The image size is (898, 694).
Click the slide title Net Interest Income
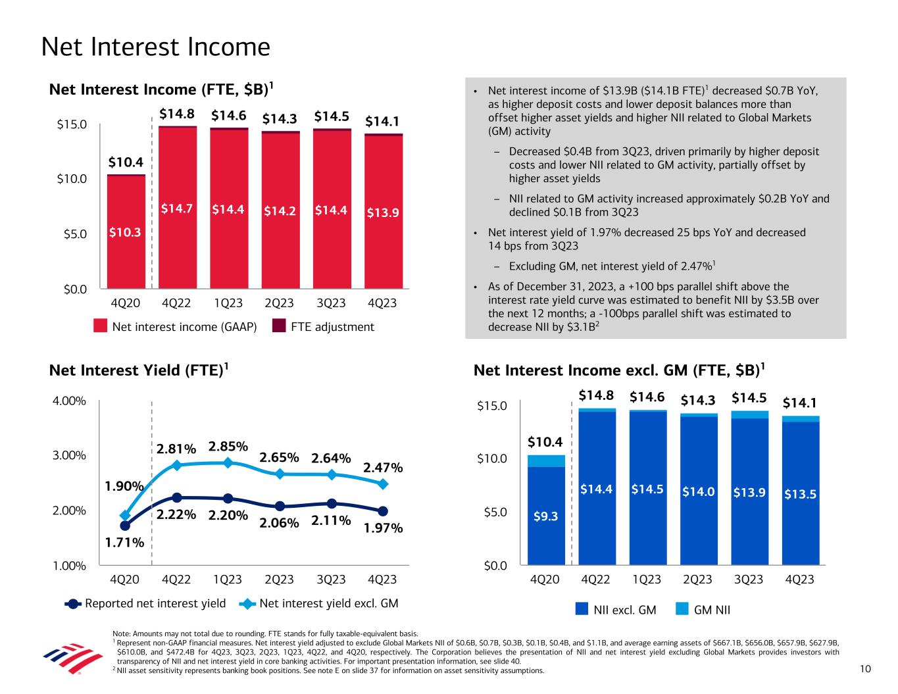(155, 47)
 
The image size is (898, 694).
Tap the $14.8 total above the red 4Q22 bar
(177, 114)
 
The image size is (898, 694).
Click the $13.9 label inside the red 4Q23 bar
(383, 212)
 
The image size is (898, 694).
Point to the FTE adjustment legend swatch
(279, 327)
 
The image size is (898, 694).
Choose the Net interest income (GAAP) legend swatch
(100, 327)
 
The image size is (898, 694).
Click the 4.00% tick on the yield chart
(70, 401)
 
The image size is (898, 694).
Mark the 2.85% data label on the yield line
(228, 447)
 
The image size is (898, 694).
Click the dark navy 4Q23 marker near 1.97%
(383, 511)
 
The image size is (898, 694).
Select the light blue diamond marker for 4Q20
(126, 515)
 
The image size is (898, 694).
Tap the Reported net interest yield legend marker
(74, 603)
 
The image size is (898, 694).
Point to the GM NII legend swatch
(683, 610)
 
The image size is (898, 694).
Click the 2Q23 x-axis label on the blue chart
(697, 580)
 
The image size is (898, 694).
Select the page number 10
(865, 669)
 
